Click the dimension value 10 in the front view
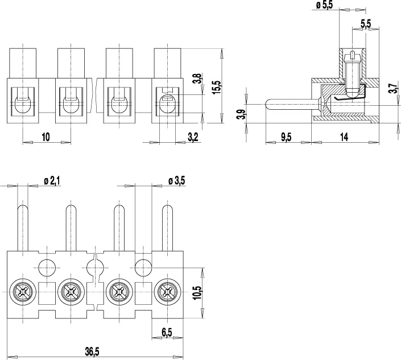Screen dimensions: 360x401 coord(46,136)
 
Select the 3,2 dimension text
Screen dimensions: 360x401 coord(193,136)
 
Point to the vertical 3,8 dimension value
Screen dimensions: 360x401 coord(197,78)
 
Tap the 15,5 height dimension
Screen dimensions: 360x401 coord(216,87)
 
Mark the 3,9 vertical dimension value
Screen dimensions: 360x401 coord(241,113)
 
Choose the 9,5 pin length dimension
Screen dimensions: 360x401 coord(286,136)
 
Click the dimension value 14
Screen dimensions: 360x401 coord(344,136)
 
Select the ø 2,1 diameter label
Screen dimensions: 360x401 coord(52,181)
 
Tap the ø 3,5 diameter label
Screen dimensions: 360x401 coord(176,181)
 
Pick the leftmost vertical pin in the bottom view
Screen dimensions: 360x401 coord(22,227)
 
